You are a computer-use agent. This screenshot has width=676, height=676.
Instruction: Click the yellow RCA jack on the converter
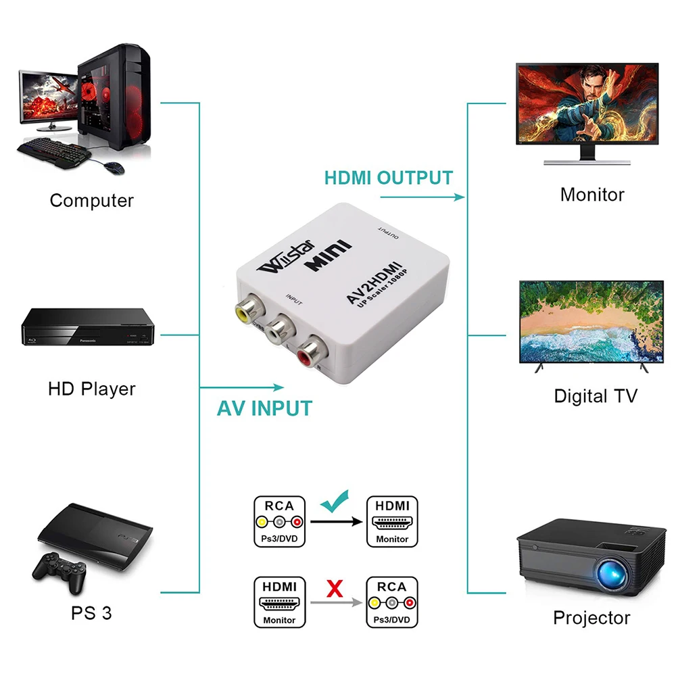tap(245, 311)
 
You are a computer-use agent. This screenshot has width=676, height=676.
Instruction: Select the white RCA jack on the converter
tap(279, 331)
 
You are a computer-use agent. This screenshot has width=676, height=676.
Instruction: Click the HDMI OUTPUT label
tap(388, 178)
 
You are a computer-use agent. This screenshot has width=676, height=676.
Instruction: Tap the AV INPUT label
tap(264, 408)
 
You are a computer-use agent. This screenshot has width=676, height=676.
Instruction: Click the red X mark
tap(334, 589)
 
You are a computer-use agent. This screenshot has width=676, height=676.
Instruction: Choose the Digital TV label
tap(596, 395)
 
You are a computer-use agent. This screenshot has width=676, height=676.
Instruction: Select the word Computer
tap(92, 200)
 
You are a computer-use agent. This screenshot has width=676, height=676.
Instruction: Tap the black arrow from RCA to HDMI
tap(335, 522)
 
